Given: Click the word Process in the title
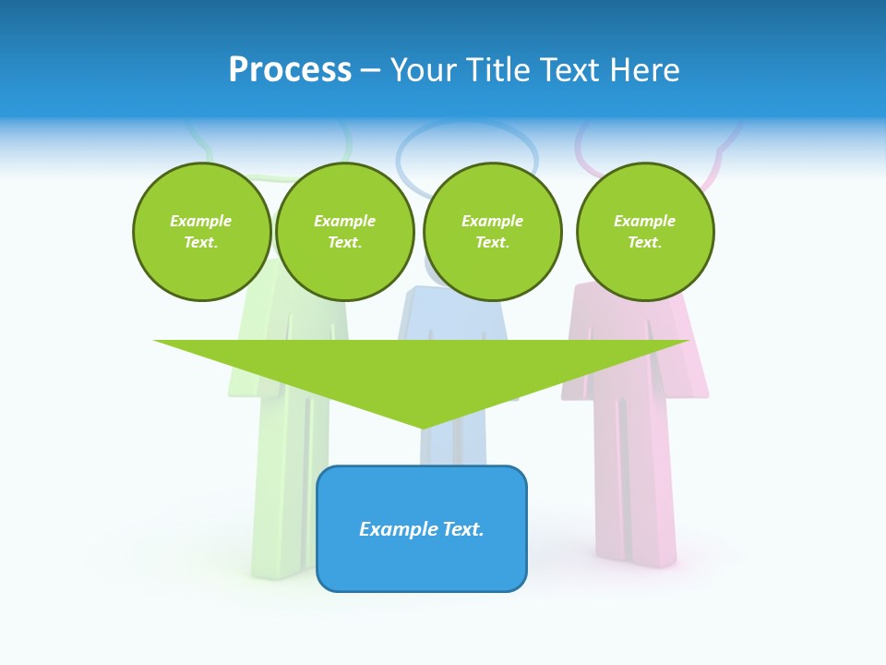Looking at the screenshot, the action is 290,70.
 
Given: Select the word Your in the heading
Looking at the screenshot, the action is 424,70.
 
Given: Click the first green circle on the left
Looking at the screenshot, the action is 201,232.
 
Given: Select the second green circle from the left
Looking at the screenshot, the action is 345,232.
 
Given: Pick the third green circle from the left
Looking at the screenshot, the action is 493,232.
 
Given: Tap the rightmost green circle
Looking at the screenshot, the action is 645,232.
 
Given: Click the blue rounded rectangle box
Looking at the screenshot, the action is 422,554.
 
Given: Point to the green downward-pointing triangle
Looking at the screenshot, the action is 421,369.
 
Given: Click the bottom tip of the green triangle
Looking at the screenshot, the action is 422,426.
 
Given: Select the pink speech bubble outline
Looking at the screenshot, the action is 719,157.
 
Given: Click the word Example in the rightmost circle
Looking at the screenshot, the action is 645,221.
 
